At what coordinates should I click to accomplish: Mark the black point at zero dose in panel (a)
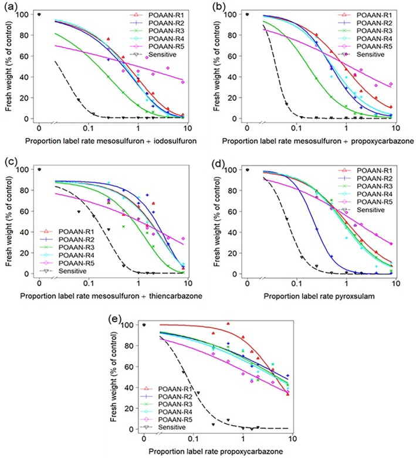pos(39,14)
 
